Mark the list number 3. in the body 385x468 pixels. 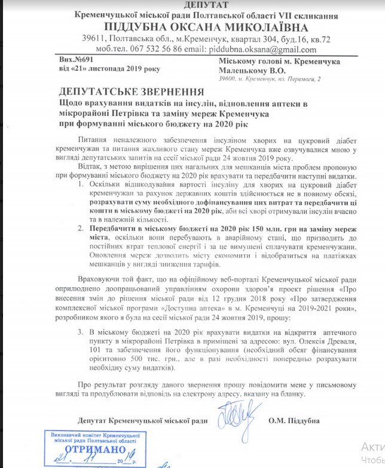click(x=82, y=347)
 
